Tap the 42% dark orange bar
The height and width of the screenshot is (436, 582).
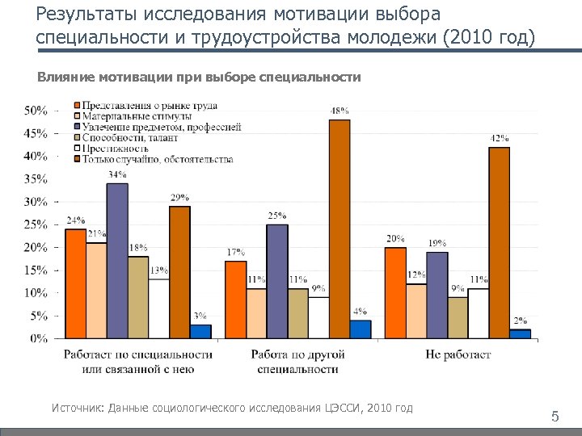500,242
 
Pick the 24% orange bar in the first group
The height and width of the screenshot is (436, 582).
75,283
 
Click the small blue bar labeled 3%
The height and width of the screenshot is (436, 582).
200,331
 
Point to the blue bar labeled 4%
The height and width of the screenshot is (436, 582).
360,329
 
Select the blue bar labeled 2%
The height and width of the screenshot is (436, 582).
520,333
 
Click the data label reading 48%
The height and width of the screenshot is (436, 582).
339,111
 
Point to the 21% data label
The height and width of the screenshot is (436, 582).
97,234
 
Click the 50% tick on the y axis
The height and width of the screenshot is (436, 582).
36,110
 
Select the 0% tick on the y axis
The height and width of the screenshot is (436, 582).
39,339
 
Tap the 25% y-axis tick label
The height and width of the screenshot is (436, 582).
36,224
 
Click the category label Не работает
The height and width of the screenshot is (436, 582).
458,354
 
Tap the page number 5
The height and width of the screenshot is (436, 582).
555,417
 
